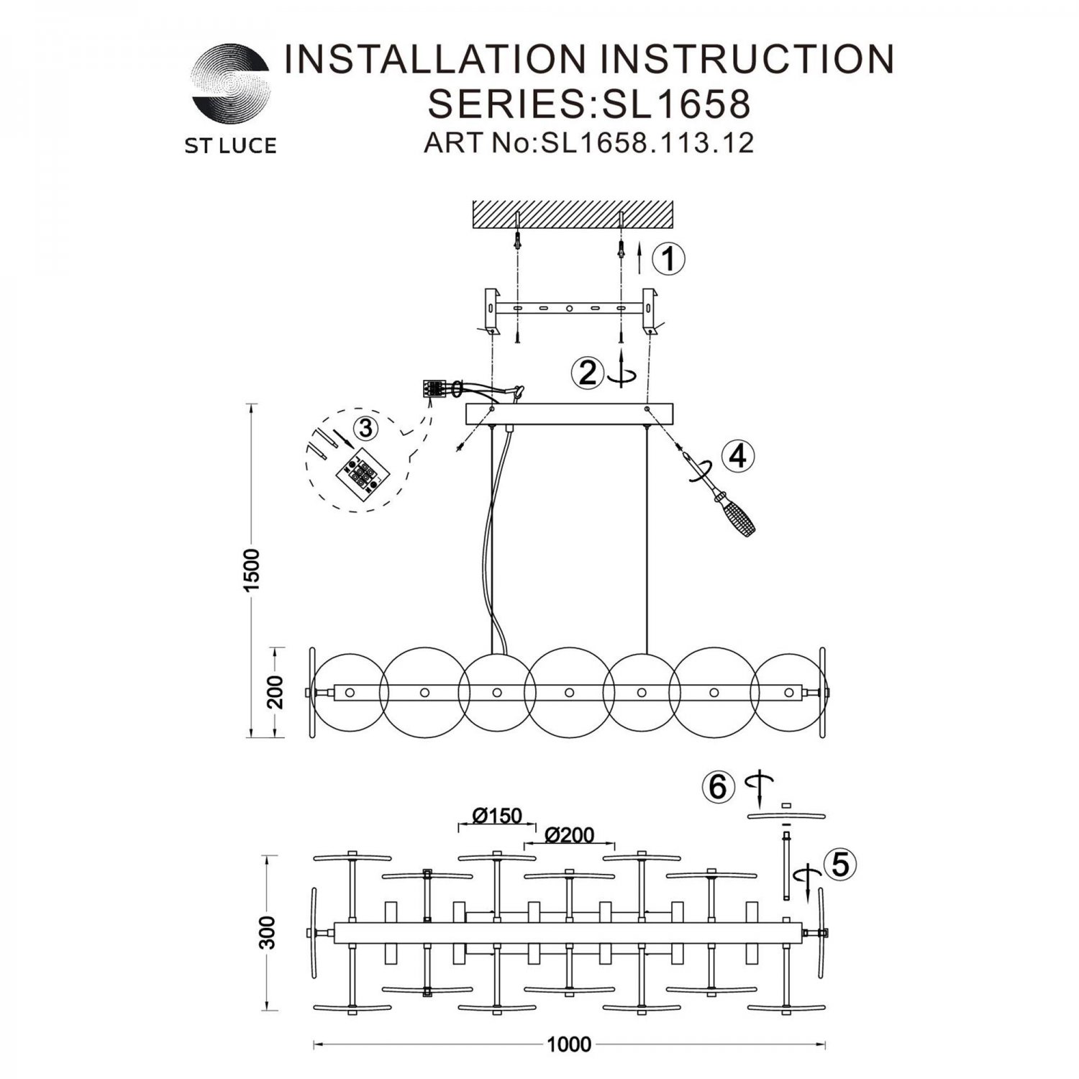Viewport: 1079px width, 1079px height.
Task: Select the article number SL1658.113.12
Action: click(648, 143)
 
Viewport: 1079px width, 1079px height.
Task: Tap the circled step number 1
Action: click(669, 258)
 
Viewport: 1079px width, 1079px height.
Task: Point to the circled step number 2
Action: click(588, 373)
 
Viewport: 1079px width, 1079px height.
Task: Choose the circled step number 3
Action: click(366, 429)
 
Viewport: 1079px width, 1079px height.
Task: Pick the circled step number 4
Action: click(739, 456)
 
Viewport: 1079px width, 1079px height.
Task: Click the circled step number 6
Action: click(719, 787)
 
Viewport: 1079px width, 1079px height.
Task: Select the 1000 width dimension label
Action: click(569, 1044)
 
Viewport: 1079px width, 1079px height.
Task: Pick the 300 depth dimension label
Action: click(268, 933)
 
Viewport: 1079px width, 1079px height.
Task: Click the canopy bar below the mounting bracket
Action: click(570, 414)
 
